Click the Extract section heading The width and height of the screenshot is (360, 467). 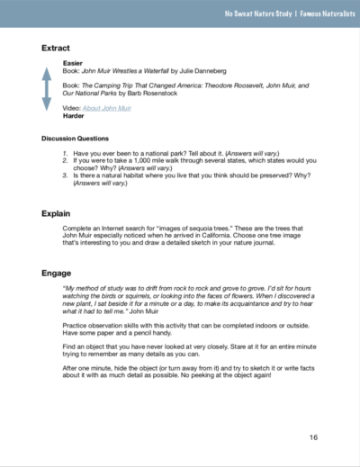[x=56, y=47]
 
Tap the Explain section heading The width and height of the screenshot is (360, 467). [x=57, y=213]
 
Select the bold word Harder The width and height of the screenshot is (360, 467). [x=74, y=117]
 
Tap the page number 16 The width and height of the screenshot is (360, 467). [x=312, y=437]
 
